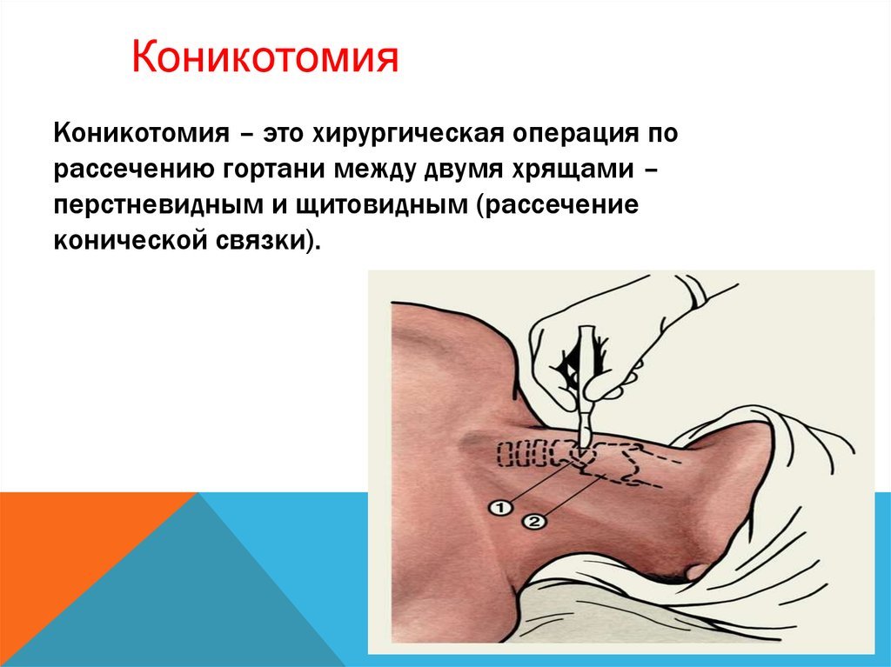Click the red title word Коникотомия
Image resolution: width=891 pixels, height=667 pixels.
[265, 57]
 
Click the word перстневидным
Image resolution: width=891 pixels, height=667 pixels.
[158, 205]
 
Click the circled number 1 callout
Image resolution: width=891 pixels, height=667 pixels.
[500, 507]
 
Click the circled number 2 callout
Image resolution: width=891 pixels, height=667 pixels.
[533, 521]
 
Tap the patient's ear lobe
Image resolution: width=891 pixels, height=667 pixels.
[695, 571]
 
